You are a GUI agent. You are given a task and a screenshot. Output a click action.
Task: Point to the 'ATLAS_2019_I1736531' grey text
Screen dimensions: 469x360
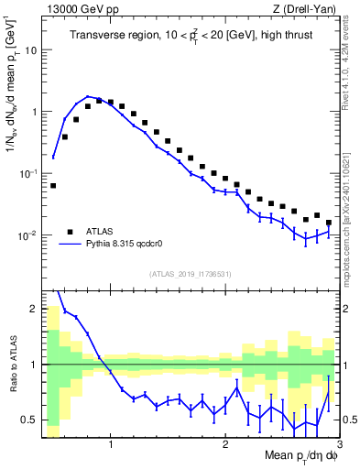pyautogui.click(x=191, y=274)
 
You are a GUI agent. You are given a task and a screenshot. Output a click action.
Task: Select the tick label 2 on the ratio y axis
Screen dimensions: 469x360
pyautogui.click(x=34, y=309)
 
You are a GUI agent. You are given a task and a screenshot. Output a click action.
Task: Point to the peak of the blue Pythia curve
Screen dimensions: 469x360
pyautogui.click(x=89, y=96)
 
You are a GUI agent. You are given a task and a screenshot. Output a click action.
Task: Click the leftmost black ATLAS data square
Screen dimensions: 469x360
pyautogui.click(x=53, y=185)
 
